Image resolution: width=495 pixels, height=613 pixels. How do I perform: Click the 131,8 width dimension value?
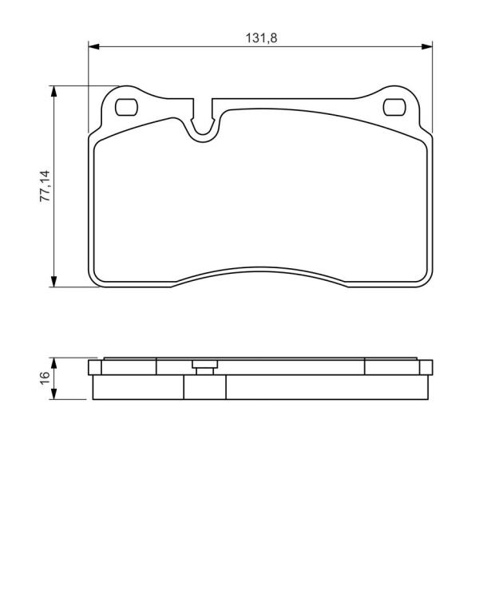coord(261,38)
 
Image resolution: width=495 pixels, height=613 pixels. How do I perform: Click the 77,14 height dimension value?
coord(46,186)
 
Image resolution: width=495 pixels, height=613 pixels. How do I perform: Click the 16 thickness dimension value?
coord(45,378)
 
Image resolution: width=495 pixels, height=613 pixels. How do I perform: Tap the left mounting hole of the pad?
coord(126,107)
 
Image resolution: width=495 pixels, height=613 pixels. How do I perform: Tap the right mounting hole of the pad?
coord(394,107)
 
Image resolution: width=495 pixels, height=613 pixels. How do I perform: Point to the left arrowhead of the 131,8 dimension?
coord(94,46)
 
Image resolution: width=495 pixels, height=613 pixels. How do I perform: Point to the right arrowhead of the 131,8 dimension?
coord(426,46)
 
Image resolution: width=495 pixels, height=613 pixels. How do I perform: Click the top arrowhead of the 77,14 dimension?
coord(54,92)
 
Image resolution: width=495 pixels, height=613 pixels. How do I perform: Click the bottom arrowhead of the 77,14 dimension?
coord(54,281)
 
